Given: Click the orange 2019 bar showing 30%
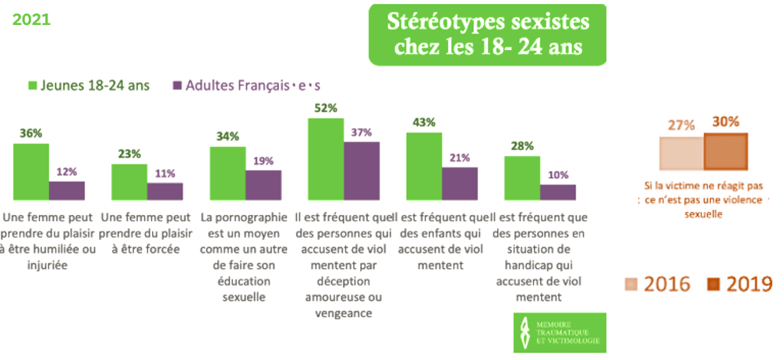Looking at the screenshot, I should [726, 152].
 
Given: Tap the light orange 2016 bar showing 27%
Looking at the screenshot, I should [682, 154].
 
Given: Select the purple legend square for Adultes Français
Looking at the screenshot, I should [177, 85].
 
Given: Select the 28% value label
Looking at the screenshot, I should [522, 146].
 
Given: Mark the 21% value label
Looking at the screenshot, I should [459, 157].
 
